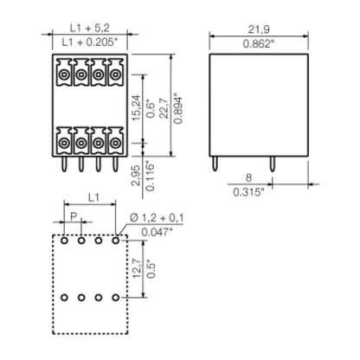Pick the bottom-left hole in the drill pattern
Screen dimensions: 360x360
pos(64,299)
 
